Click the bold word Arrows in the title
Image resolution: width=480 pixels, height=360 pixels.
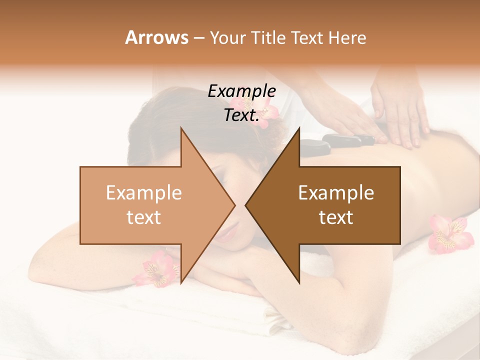coord(156,37)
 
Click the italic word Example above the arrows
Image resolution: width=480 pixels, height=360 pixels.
coord(242,91)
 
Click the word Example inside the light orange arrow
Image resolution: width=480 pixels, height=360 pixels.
coord(144,192)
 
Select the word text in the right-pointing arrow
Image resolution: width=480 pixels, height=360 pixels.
coord(144,217)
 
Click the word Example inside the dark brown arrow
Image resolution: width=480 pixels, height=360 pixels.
coord(336,192)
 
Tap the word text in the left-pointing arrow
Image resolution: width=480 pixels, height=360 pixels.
coord(336,217)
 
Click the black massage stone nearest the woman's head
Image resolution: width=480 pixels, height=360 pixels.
coord(314,146)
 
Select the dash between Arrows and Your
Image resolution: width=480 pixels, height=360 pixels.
coord(198,38)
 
